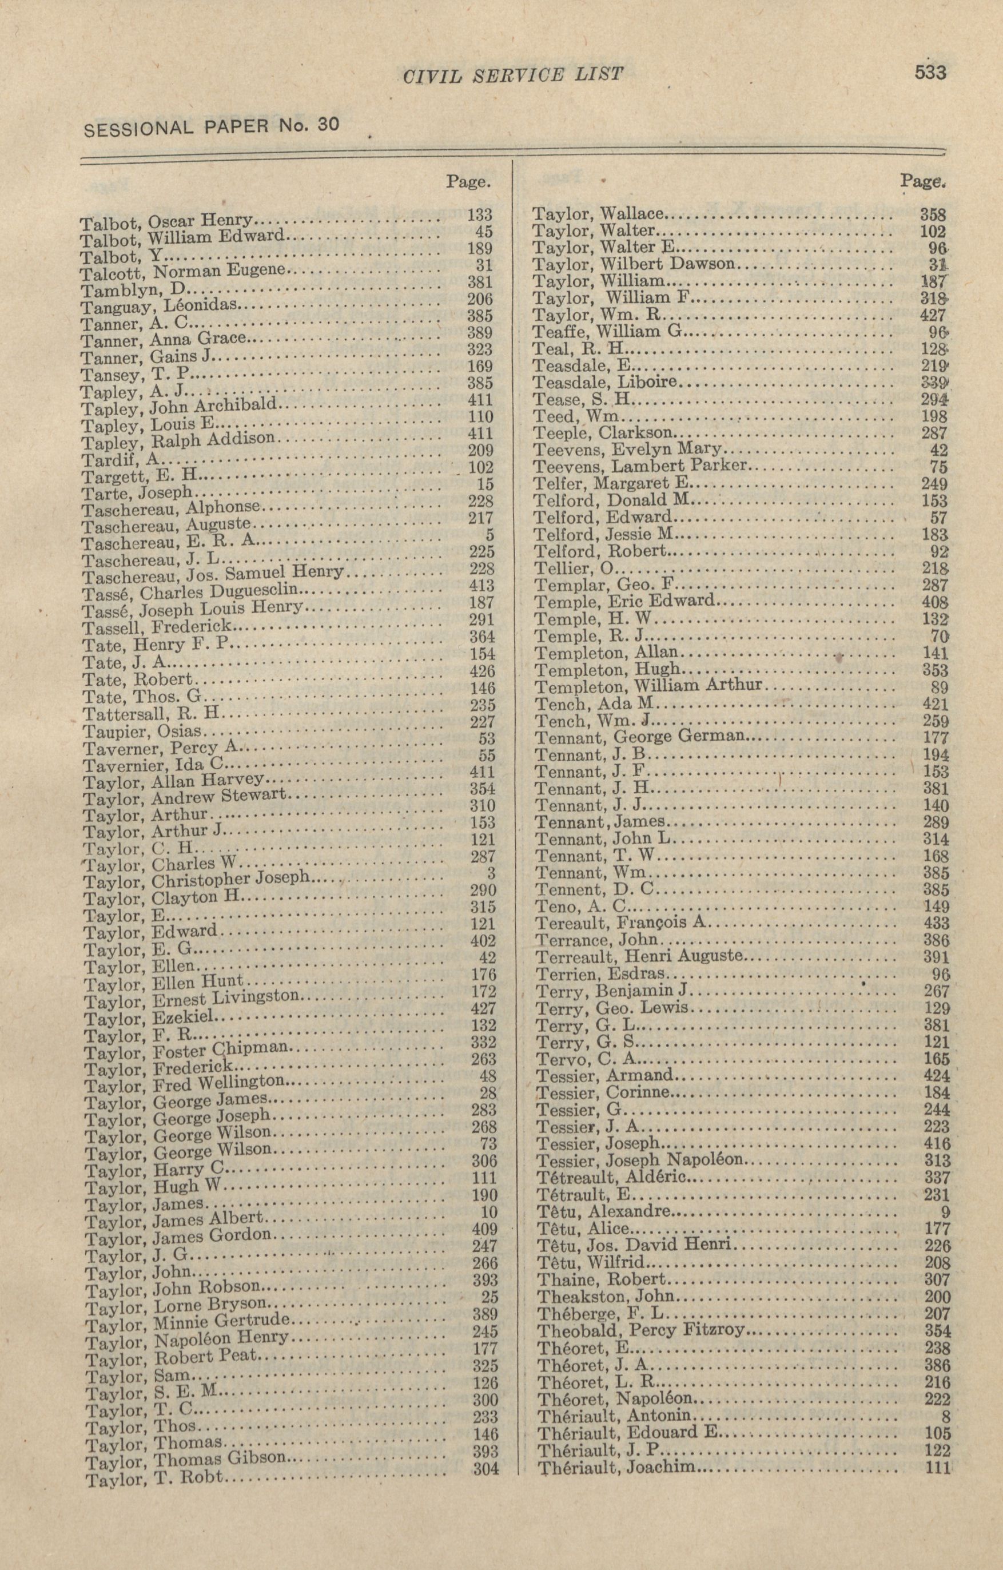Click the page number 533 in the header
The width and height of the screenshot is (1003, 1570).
(x=930, y=71)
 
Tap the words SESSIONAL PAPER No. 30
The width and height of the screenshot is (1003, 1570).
(x=211, y=125)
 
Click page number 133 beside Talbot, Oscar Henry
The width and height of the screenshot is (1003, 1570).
(x=481, y=214)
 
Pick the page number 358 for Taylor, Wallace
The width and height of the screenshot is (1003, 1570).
(x=933, y=214)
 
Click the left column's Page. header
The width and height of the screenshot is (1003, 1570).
(x=468, y=182)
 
